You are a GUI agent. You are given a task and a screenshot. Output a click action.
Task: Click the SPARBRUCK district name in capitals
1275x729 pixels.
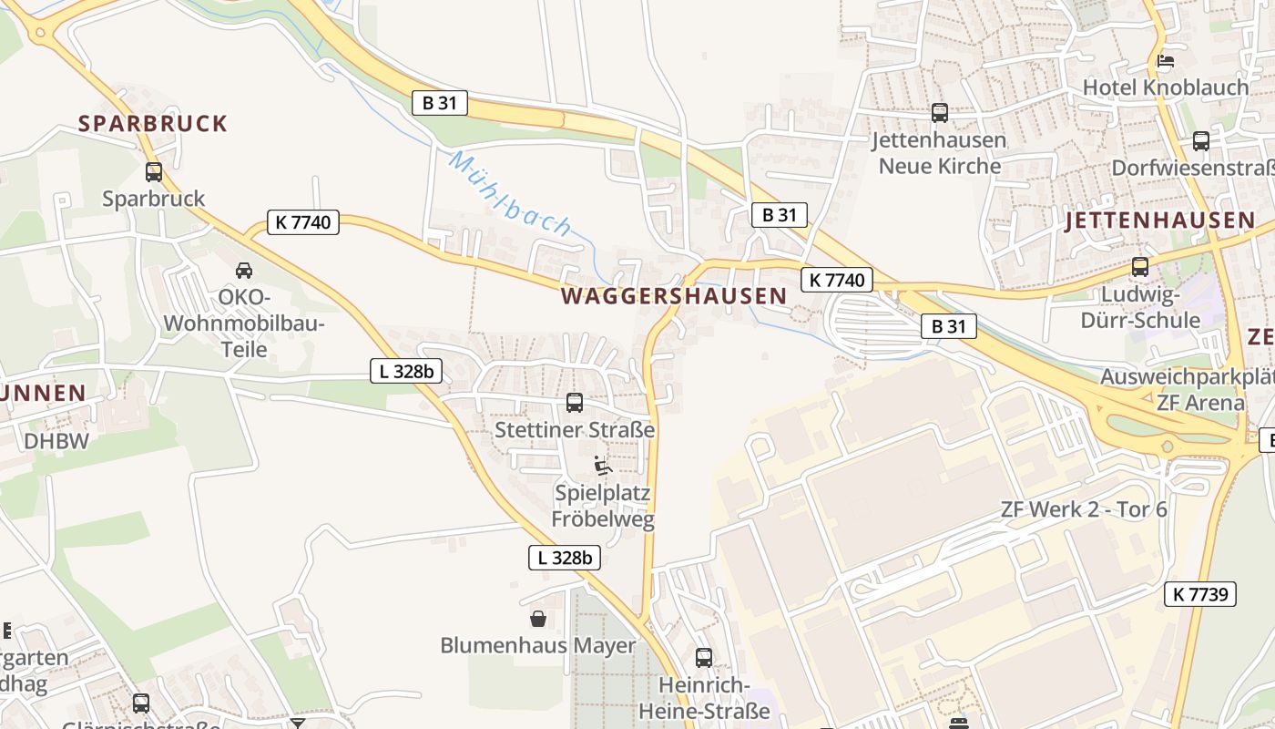(152, 124)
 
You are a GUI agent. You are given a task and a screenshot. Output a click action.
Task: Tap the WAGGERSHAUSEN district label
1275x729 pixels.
(674, 296)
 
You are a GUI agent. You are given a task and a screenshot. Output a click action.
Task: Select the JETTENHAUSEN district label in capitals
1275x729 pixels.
(1160, 221)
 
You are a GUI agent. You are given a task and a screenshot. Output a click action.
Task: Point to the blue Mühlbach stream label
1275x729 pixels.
(511, 195)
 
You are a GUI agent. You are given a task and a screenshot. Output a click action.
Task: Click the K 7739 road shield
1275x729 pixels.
(1200, 595)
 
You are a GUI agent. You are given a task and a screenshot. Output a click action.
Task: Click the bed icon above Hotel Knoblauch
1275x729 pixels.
(1165, 61)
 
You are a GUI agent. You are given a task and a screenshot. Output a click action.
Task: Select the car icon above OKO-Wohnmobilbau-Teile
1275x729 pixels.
(244, 271)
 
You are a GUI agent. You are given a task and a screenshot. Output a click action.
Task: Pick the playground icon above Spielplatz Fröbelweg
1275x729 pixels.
(602, 466)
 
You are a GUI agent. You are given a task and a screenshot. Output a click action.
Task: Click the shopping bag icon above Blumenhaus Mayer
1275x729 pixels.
(537, 619)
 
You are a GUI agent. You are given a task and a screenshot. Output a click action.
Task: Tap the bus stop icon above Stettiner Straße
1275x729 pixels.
(575, 402)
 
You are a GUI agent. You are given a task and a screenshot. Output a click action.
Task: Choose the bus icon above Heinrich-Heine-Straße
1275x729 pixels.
(703, 657)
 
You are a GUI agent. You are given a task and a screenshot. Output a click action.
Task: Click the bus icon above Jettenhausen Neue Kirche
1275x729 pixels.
(939, 113)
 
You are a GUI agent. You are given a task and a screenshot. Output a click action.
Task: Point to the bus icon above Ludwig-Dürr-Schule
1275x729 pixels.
(1139, 267)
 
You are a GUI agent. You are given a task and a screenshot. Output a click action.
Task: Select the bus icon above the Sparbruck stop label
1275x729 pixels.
(154, 171)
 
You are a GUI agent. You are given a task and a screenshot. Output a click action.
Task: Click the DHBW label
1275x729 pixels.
(56, 441)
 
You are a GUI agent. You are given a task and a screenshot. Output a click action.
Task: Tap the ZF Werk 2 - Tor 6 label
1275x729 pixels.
(1083, 509)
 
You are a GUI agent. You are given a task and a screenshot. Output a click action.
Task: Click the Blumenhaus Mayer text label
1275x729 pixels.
(537, 645)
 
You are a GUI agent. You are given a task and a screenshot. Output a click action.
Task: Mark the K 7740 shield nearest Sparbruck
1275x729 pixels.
(303, 221)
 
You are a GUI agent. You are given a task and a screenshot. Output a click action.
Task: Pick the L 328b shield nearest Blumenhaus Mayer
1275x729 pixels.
(565, 558)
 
